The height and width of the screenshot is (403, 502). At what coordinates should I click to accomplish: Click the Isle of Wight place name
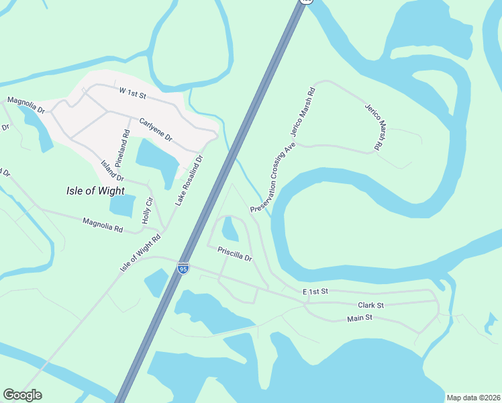(x=96, y=190)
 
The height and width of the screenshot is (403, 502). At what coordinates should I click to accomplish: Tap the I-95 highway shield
(x=183, y=269)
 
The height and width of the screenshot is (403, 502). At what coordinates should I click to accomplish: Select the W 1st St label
(x=132, y=92)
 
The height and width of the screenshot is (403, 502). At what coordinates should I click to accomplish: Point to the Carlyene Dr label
(x=156, y=129)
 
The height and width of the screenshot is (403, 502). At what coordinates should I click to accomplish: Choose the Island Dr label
(x=112, y=171)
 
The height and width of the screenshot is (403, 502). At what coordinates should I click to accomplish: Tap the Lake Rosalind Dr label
(x=189, y=181)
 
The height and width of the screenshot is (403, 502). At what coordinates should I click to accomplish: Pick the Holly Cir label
(x=148, y=210)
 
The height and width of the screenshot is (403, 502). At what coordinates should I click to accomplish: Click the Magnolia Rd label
(x=103, y=224)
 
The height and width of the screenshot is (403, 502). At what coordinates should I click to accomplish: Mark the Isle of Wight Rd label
(x=141, y=253)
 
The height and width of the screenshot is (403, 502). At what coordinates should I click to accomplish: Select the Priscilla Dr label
(x=234, y=254)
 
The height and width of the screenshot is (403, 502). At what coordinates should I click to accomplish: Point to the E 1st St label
(x=315, y=292)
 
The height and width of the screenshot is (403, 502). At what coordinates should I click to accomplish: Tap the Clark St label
(x=370, y=305)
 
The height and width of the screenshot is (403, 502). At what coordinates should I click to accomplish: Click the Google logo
(x=22, y=395)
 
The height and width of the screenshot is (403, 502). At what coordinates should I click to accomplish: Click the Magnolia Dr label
(x=26, y=104)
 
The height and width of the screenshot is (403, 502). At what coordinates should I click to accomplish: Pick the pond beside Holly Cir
(x=122, y=206)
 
